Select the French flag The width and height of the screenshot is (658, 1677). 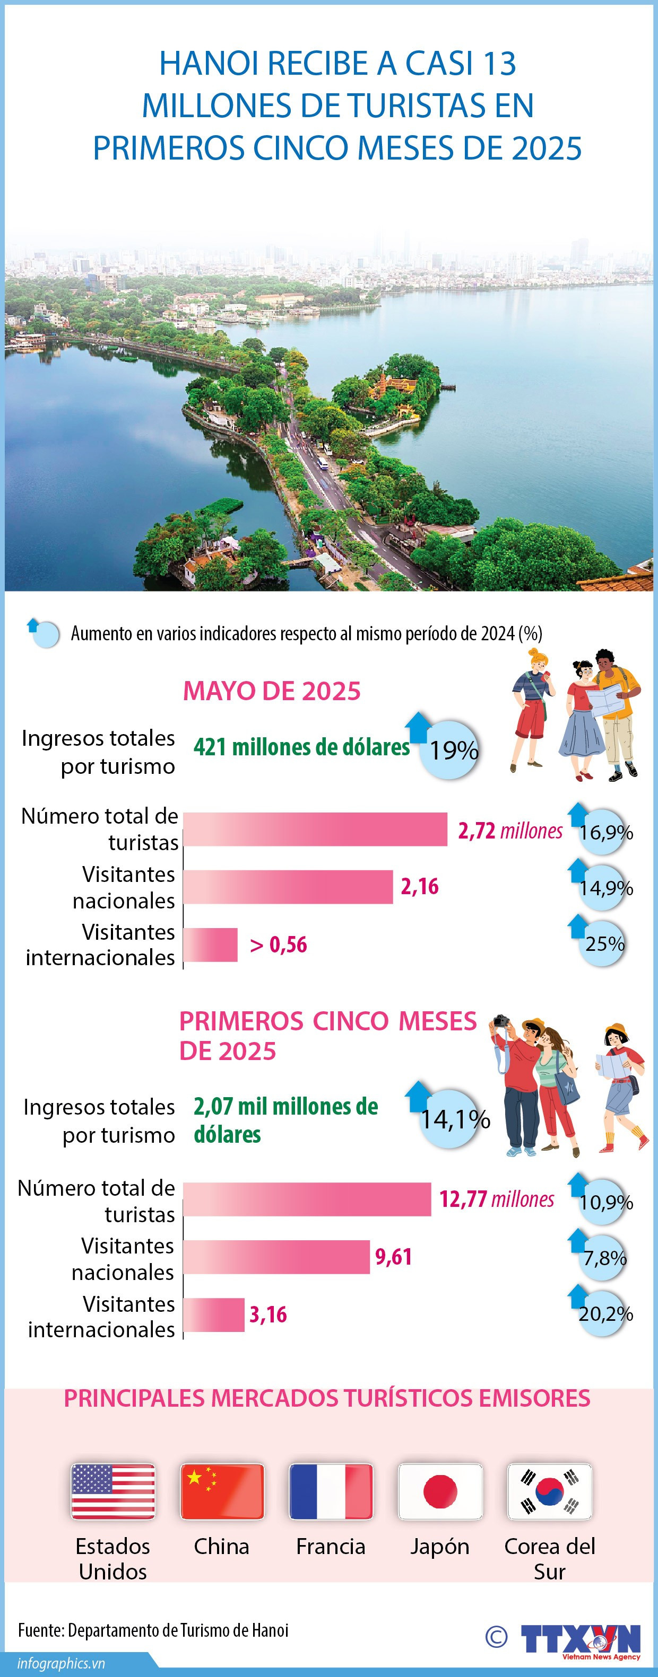pos(331,1491)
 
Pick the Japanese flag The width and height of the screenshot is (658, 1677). pos(440,1491)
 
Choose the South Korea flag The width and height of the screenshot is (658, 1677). pos(549,1491)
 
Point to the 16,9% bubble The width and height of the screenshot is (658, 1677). pos(605,832)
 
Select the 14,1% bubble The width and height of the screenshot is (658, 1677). pos(455,1119)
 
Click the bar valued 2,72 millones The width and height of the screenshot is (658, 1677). pos(315,829)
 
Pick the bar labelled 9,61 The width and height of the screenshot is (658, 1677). pos(276,1257)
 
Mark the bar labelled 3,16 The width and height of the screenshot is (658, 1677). pos(214,1314)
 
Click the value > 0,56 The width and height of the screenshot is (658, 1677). pos(278,945)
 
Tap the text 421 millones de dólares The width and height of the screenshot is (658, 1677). pos(301,747)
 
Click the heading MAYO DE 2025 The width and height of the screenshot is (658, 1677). pos(272,691)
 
